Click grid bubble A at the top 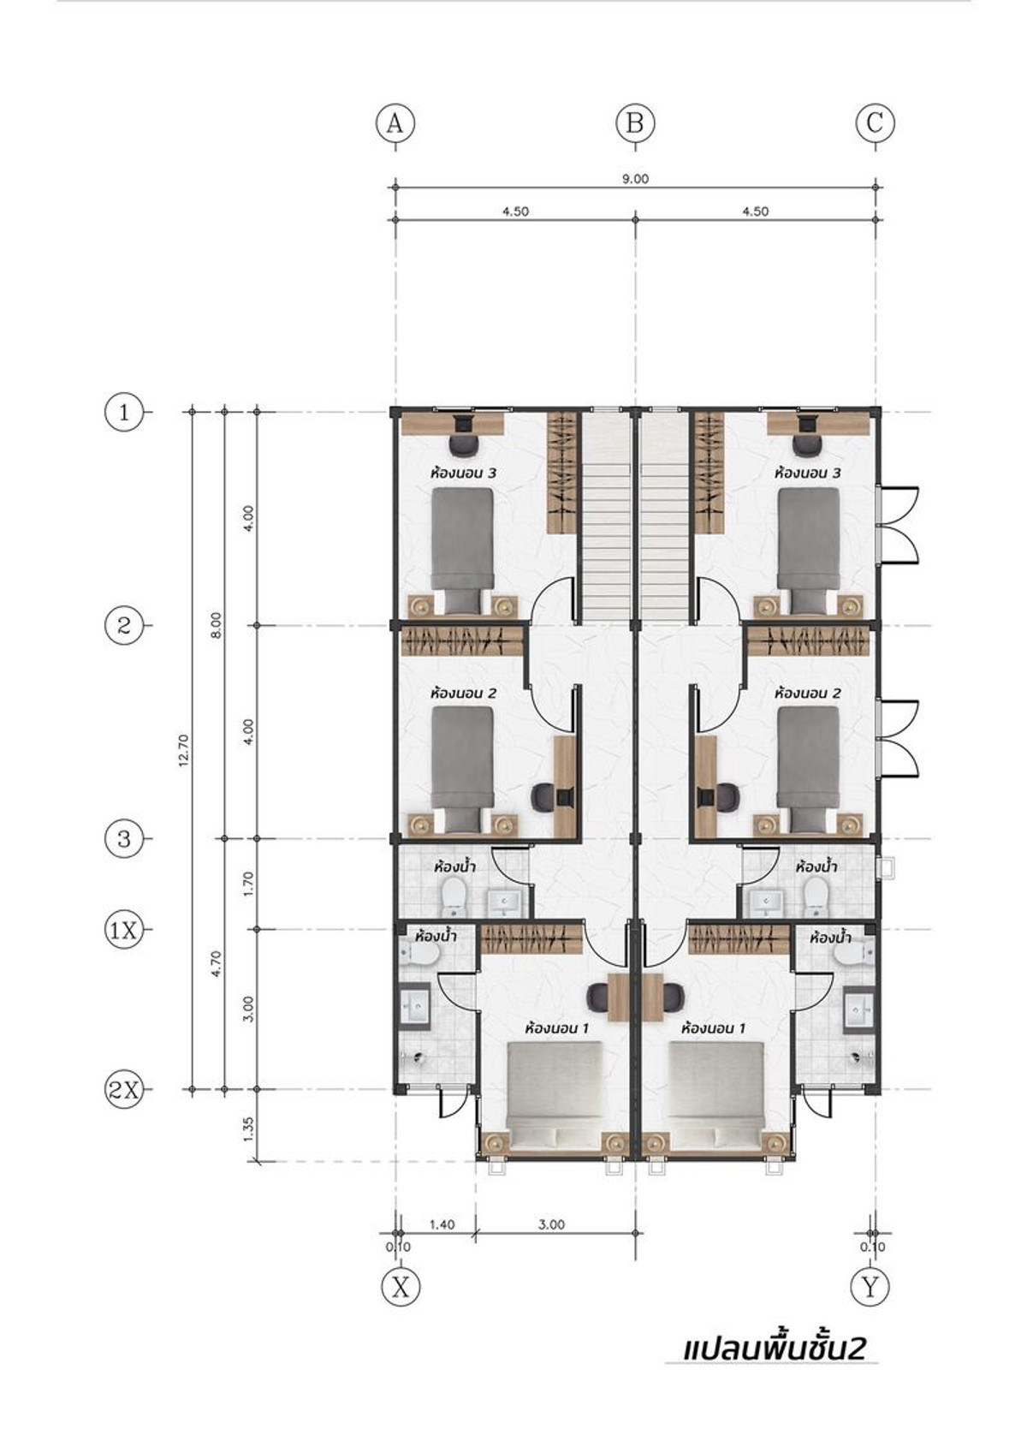click(395, 122)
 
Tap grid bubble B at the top click(635, 122)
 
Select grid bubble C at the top click(876, 122)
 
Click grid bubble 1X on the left click(124, 930)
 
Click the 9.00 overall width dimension click(635, 179)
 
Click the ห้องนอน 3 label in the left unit click(463, 473)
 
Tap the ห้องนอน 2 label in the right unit click(807, 694)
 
